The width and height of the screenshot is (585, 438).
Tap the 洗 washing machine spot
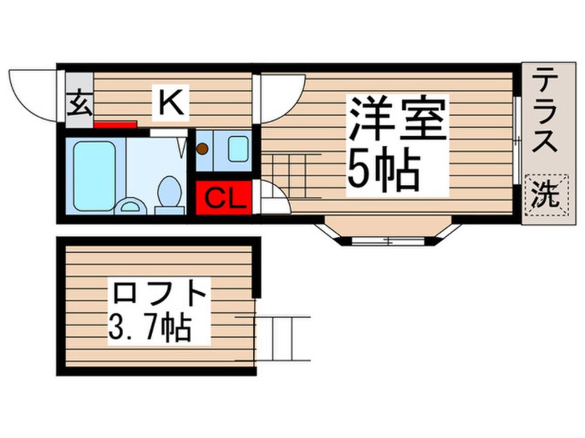[548, 196]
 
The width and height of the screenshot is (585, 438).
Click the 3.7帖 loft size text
[149, 330]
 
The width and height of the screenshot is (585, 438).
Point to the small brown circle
[203, 149]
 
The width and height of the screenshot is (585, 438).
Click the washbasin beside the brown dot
[238, 149]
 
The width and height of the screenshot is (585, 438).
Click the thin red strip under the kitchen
[115, 125]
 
